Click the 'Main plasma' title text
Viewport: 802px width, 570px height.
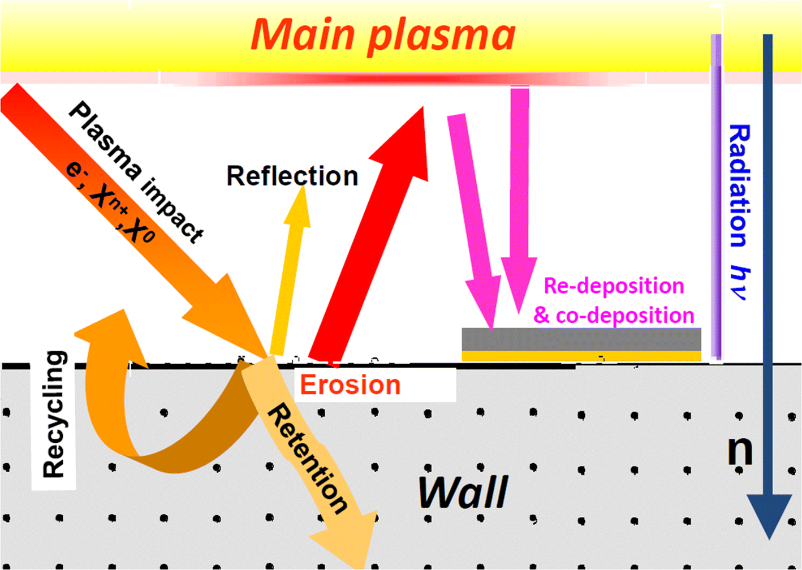point(383,35)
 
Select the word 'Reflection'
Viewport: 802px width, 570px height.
point(292,176)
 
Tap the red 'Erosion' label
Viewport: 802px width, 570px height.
point(350,385)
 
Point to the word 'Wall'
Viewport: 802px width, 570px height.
point(463,492)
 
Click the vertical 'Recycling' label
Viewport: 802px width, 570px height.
point(54,414)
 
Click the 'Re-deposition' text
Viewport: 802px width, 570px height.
point(614,286)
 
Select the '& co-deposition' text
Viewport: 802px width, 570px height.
point(614,315)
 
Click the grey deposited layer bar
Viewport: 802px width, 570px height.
point(581,339)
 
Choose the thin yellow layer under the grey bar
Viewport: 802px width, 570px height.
point(581,356)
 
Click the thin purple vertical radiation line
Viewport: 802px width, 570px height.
point(716,198)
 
